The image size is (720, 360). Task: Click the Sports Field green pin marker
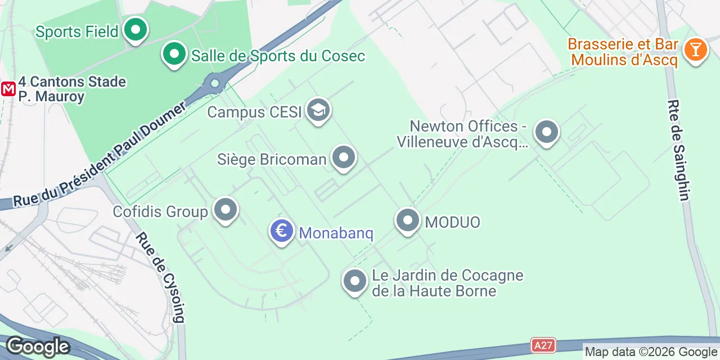[135, 30]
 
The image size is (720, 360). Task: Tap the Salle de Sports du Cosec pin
[174, 55]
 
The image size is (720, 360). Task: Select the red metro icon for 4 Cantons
[8, 89]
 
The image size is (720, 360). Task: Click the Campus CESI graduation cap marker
[318, 110]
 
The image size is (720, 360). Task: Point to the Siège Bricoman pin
[343, 158]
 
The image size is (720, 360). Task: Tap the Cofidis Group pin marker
[226, 210]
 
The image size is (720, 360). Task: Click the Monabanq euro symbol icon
[282, 231]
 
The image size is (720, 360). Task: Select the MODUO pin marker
[408, 220]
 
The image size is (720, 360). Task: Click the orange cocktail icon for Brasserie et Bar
[695, 50]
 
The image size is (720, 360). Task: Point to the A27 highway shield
[543, 345]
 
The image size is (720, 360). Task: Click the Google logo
[38, 346]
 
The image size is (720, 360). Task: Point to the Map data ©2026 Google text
[651, 352]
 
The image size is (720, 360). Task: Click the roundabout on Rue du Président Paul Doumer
[214, 84]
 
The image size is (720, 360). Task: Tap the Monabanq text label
[336, 233]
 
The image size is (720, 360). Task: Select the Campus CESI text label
[254, 112]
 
